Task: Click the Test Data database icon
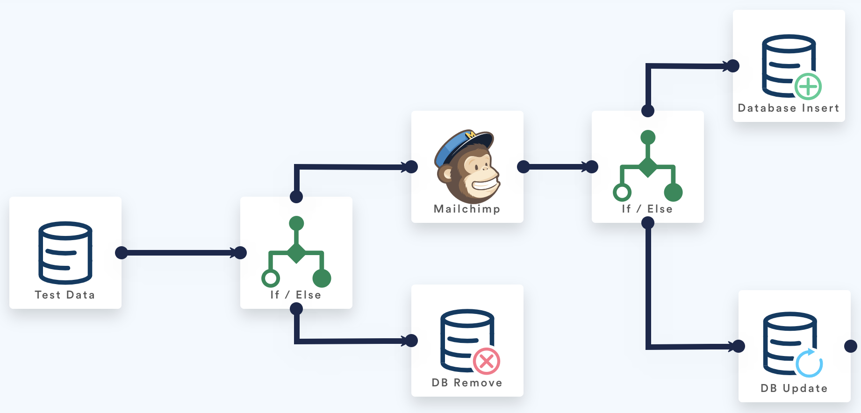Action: coord(65,253)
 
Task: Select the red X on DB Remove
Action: coord(486,361)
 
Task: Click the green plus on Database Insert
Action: coord(808,86)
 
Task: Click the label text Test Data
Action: coord(65,295)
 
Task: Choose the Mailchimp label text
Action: coord(467,209)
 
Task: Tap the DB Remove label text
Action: coord(467,383)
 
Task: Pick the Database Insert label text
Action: coord(789,108)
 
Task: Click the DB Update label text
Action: coord(794,388)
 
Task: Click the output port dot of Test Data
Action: coord(122,253)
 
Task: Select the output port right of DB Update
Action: coord(851,346)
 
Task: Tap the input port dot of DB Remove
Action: coord(411,341)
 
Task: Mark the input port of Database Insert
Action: coord(733,66)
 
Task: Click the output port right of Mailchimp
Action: coord(524,167)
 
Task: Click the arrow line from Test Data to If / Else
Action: coord(180,253)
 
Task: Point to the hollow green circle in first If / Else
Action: coord(271,278)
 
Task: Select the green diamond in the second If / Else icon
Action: coord(648,167)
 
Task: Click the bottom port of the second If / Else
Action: coord(648,223)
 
